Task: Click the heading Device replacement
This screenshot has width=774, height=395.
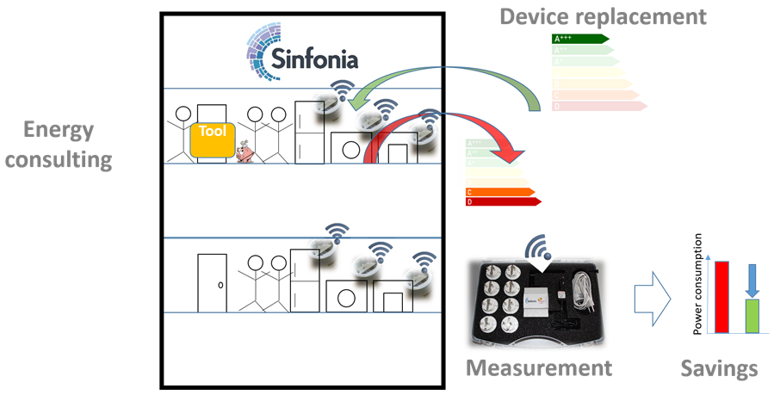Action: click(x=604, y=16)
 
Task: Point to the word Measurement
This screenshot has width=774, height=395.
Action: click(x=539, y=368)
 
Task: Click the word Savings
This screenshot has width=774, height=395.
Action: click(x=719, y=368)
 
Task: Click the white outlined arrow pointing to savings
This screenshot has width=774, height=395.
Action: click(x=651, y=298)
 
